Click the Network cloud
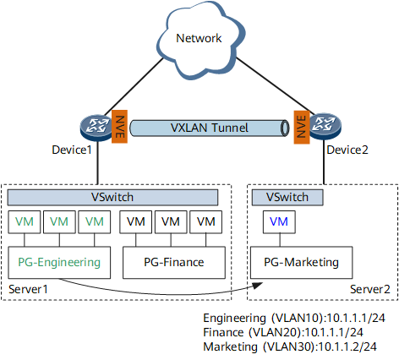[200, 40]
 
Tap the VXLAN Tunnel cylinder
[210, 128]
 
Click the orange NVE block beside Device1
[119, 127]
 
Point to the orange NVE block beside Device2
[302, 128]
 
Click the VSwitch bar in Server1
[112, 197]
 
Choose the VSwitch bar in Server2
[287, 197]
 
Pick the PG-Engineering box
[59, 263]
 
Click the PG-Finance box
[174, 263]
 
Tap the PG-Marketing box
[301, 263]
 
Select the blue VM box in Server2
[279, 222]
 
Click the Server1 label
[28, 289]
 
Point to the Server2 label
[370, 289]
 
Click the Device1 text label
[72, 150]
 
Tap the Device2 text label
[347, 150]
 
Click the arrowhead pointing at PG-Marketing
[258, 286]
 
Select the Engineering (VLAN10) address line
[294, 318]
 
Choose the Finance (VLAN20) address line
[283, 332]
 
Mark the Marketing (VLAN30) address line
[290, 346]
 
